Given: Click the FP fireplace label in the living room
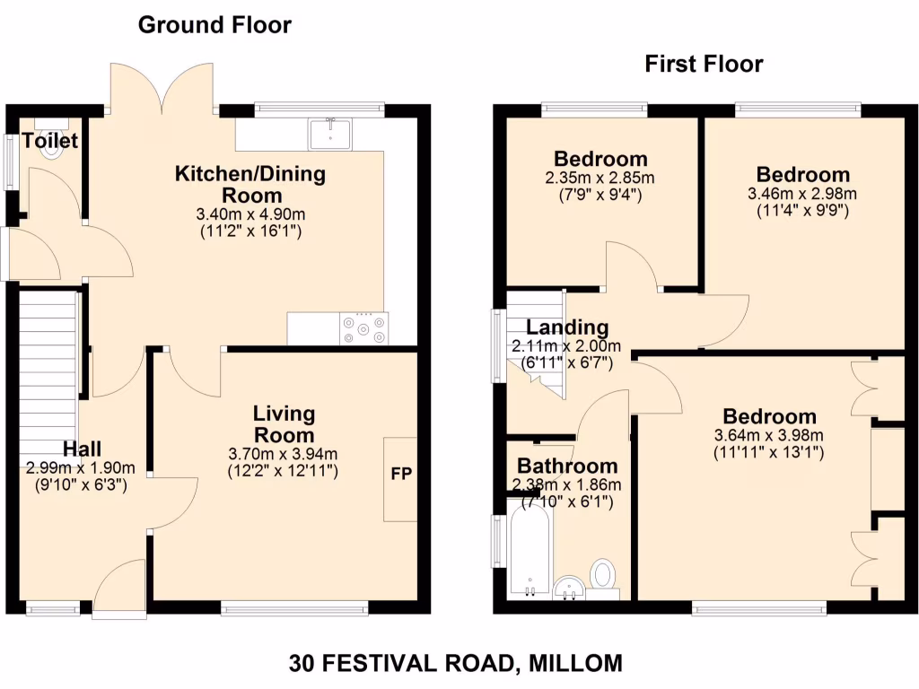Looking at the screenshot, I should (x=400, y=475).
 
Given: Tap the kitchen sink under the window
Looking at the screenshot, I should (x=331, y=134).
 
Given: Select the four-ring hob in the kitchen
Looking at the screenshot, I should (x=364, y=328).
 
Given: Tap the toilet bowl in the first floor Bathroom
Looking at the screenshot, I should (x=604, y=575).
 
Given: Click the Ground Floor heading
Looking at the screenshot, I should (x=214, y=25).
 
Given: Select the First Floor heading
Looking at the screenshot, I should (x=704, y=64).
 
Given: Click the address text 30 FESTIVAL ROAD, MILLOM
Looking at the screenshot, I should (x=455, y=664).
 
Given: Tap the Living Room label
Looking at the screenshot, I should (x=284, y=424).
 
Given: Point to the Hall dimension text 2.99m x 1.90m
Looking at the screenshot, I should (x=81, y=467).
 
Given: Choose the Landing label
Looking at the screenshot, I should (x=567, y=327).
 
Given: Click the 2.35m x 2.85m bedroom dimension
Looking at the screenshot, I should (x=600, y=178).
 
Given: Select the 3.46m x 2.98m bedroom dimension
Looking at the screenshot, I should (x=802, y=194).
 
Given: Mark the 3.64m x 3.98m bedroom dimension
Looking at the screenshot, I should (x=769, y=436).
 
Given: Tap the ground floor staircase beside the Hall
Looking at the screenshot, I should (x=46, y=372).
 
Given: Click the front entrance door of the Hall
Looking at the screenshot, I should (x=119, y=588).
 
